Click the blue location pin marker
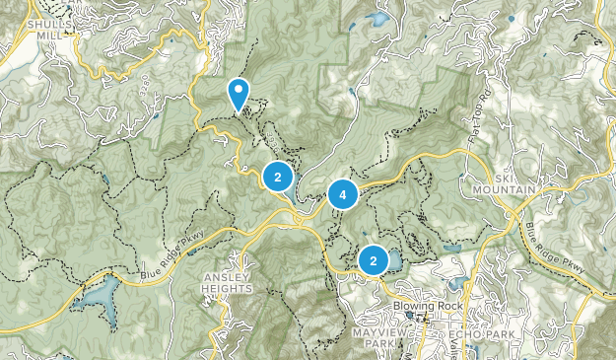click(239, 94)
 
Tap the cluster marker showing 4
click(343, 195)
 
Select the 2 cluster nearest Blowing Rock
click(374, 260)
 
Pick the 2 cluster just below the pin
click(278, 178)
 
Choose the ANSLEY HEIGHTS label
click(227, 282)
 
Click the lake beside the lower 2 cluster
click(394, 260)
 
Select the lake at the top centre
click(376, 20)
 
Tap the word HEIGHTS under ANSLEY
click(227, 288)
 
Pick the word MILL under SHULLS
click(50, 34)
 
